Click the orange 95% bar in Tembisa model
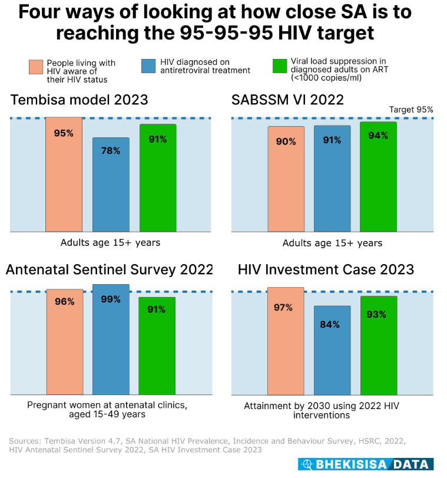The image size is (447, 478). [x=64, y=174]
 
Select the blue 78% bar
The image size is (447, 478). [x=111, y=184]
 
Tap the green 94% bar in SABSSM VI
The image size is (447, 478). [x=378, y=177]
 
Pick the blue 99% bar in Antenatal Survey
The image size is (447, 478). [x=111, y=339]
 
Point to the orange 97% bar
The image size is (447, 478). [x=286, y=341]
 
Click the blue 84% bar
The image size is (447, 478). [x=332, y=350]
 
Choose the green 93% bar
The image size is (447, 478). [x=379, y=345]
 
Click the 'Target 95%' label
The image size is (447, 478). [x=411, y=110]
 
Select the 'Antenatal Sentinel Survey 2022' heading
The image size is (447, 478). [x=110, y=270]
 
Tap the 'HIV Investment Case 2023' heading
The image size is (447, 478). [x=326, y=270]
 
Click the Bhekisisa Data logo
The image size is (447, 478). [x=365, y=464]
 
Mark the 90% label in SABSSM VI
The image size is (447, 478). [x=286, y=141]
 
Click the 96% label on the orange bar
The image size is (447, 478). [x=64, y=302]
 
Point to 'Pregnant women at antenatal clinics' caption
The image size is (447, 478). [x=107, y=406]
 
